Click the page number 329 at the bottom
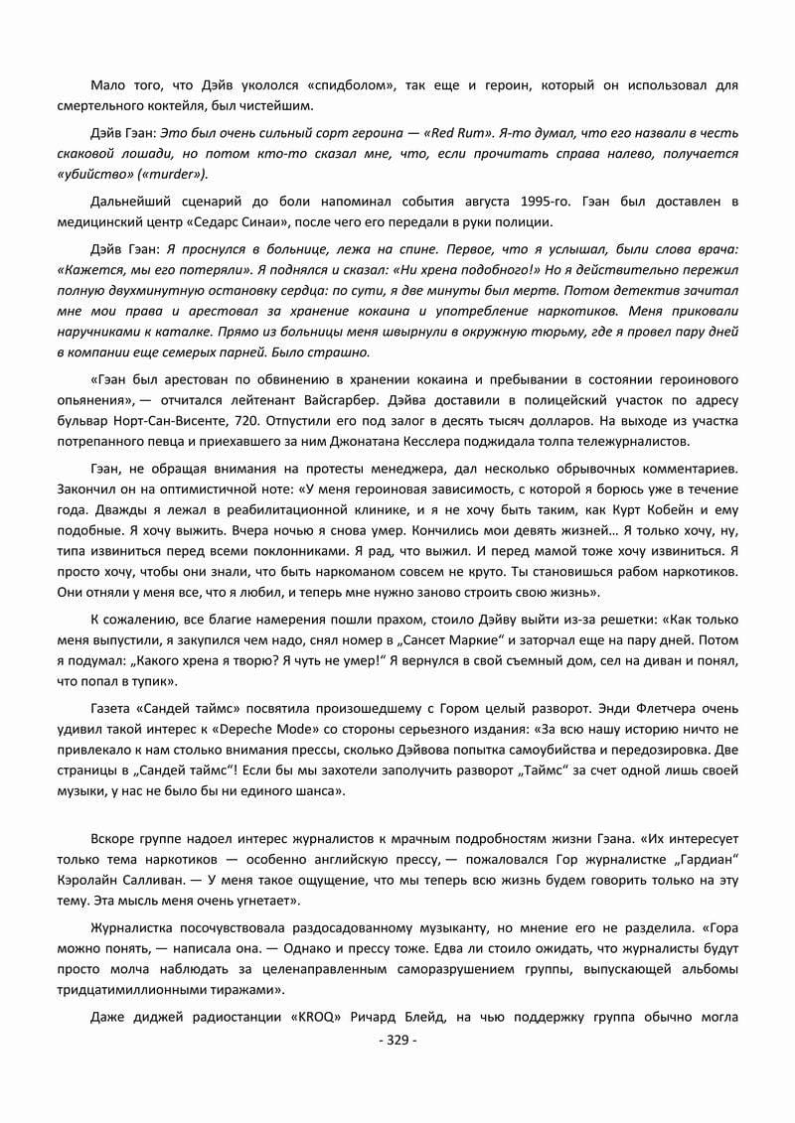coord(398,1041)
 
